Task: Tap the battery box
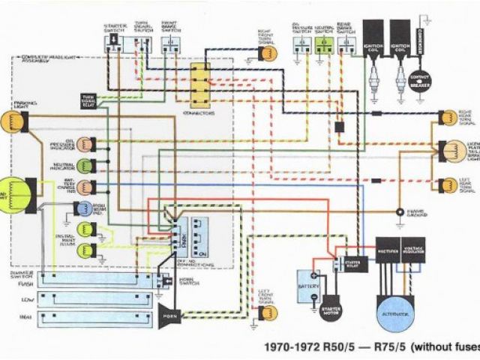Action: [x=307, y=286]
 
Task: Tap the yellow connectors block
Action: [x=200, y=84]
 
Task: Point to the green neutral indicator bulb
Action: [x=85, y=164]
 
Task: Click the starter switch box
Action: [x=116, y=43]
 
